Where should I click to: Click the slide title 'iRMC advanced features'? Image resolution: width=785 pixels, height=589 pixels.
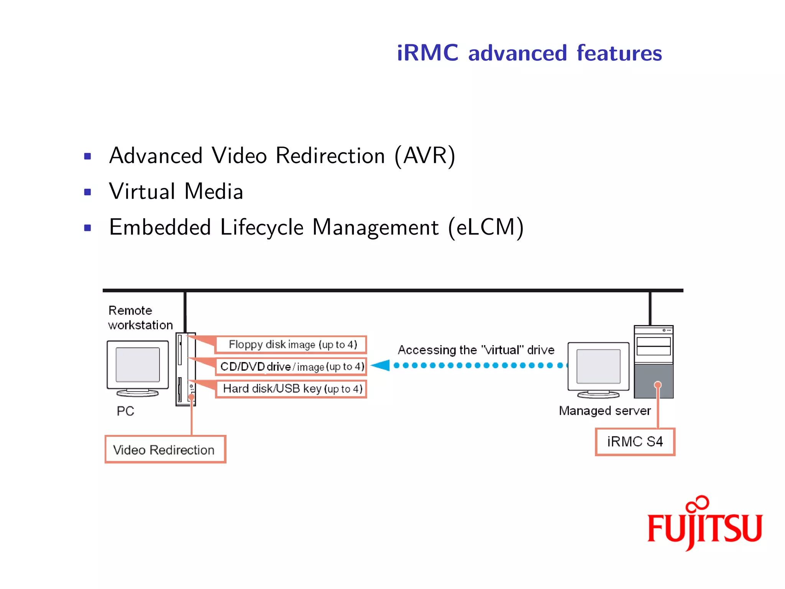(529, 53)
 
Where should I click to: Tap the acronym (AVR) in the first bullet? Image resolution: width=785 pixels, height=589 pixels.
(425, 156)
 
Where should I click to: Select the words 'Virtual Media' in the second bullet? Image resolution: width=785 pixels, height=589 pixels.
(176, 191)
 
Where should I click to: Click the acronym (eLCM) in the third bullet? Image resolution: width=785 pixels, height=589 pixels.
(486, 227)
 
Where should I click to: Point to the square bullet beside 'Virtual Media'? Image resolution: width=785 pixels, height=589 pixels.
(87, 192)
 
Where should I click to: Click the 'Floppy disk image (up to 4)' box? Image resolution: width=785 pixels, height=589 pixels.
(291, 344)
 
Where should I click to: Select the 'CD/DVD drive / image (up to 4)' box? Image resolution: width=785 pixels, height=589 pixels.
(291, 367)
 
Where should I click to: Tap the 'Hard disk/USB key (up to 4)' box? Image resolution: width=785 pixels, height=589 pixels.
(291, 389)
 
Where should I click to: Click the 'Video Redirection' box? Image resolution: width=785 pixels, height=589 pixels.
(165, 449)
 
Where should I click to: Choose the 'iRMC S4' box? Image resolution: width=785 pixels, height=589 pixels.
(635, 442)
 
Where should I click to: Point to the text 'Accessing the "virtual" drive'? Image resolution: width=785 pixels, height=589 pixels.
(476, 350)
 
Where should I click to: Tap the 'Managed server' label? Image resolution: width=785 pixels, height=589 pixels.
(604, 411)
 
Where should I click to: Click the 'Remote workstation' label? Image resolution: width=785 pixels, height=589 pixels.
(140, 318)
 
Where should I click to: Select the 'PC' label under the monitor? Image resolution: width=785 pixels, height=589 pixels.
(125, 411)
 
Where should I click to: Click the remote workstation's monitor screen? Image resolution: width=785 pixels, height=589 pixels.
(138, 365)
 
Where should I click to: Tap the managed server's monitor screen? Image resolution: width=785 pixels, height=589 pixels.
(598, 366)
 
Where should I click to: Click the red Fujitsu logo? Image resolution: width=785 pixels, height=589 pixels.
(705, 528)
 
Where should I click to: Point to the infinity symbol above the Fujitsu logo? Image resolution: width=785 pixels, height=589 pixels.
(698, 503)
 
